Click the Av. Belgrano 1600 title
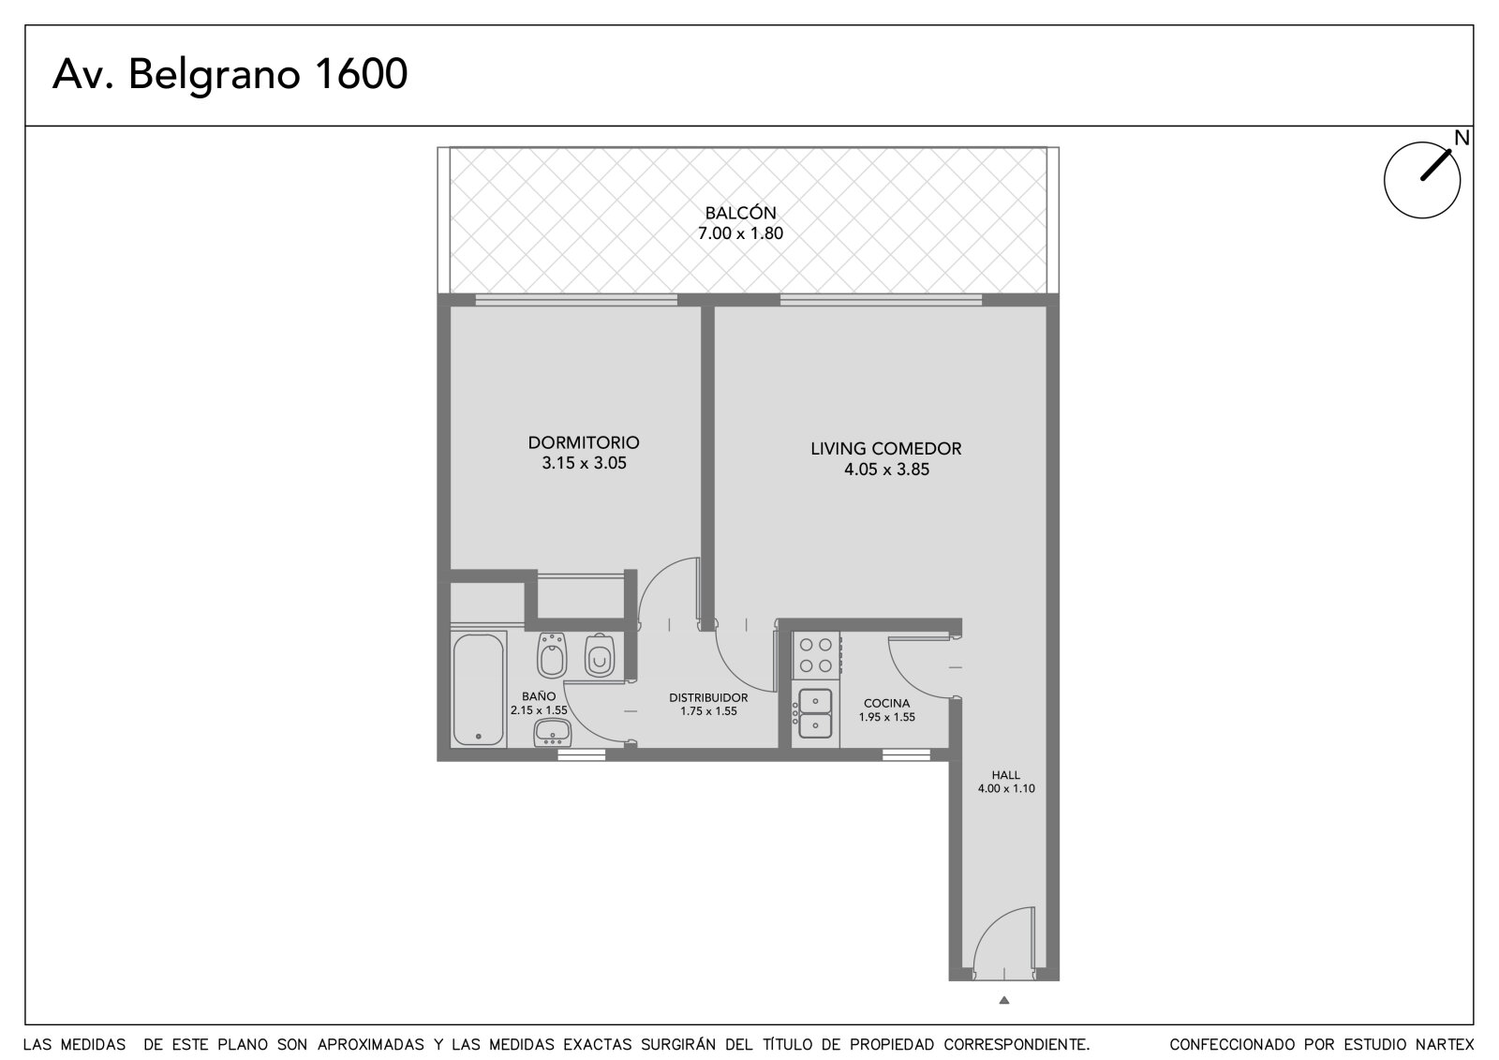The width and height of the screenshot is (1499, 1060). click(230, 74)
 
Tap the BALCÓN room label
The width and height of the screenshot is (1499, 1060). click(741, 213)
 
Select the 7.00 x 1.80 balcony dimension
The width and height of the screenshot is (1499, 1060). click(741, 233)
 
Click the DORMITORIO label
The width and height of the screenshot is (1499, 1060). click(584, 442)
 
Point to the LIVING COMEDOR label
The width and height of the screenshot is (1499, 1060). click(886, 449)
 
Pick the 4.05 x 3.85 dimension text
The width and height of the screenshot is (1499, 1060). click(886, 470)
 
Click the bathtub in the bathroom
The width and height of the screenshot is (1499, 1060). click(479, 689)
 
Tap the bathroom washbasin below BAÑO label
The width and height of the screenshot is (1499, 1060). click(552, 733)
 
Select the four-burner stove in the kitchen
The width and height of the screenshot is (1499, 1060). click(816, 655)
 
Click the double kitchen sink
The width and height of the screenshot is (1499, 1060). click(815, 714)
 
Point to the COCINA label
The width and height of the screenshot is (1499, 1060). click(886, 703)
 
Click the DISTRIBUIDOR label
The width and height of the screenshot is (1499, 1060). click(708, 697)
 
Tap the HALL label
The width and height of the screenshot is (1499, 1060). click(1006, 775)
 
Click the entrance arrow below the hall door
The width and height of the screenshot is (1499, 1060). click(1003, 1000)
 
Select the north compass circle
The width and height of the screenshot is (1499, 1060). click(1422, 180)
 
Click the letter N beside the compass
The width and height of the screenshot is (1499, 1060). click(1462, 138)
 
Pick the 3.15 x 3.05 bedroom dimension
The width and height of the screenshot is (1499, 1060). click(585, 463)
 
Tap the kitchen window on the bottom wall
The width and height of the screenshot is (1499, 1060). click(906, 754)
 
